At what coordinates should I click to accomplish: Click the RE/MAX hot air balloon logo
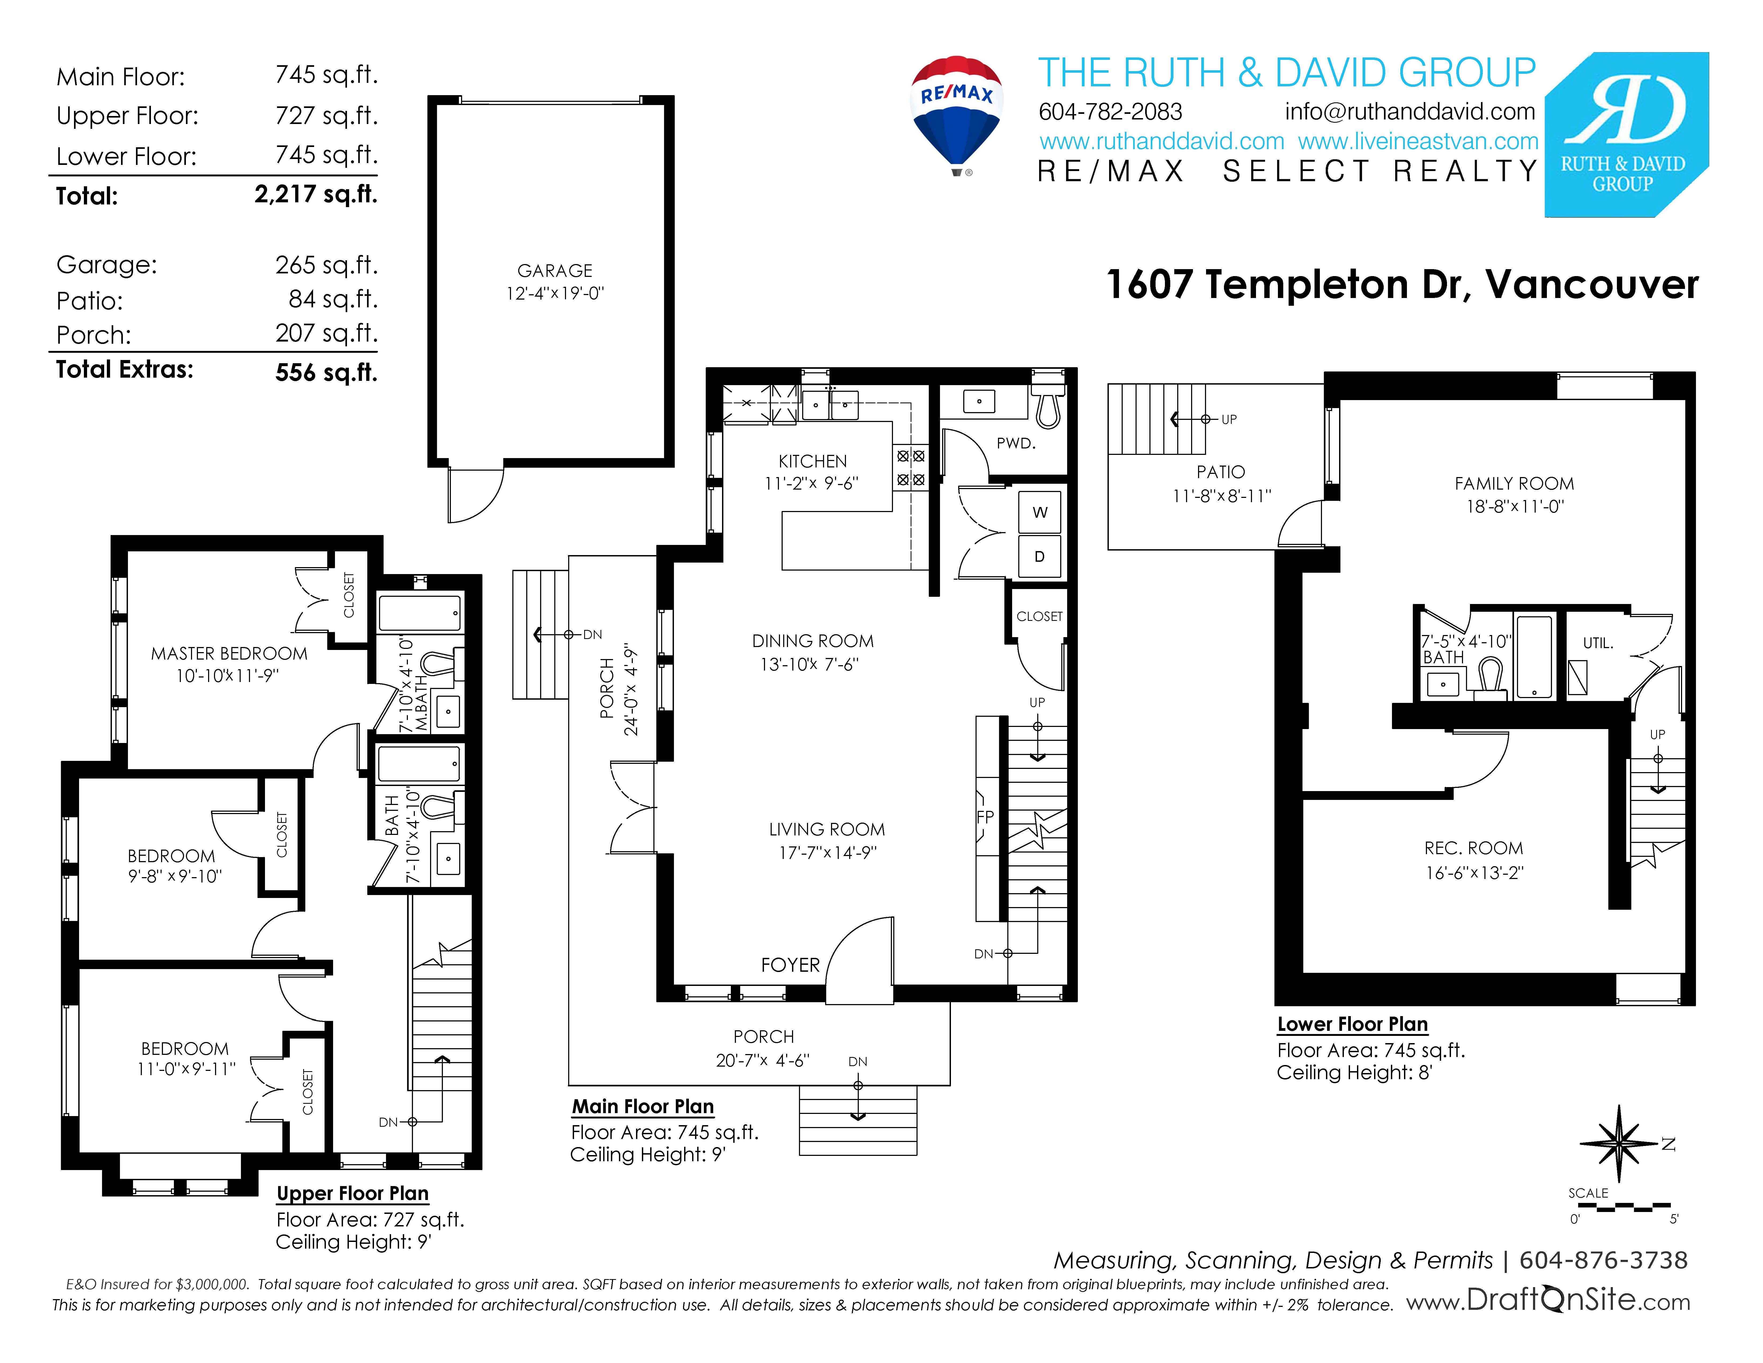pos(957,113)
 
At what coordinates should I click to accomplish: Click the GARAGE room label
pos(555,270)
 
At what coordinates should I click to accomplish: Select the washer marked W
pos(1040,512)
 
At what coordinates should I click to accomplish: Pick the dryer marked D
pos(1040,556)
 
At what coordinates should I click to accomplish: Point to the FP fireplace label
pos(985,816)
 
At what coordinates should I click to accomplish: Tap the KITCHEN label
pos(812,461)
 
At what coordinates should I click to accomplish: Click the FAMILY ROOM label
pos(1514,484)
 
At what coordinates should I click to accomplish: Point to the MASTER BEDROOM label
pos(229,653)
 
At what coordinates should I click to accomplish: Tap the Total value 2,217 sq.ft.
pos(316,195)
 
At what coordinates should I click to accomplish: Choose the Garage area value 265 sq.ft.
pos(326,265)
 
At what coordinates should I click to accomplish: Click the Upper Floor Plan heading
pos(352,1194)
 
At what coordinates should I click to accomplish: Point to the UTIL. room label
pos(1597,644)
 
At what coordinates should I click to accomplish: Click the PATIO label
pos(1220,471)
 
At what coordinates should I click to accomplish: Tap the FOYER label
pos(789,965)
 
